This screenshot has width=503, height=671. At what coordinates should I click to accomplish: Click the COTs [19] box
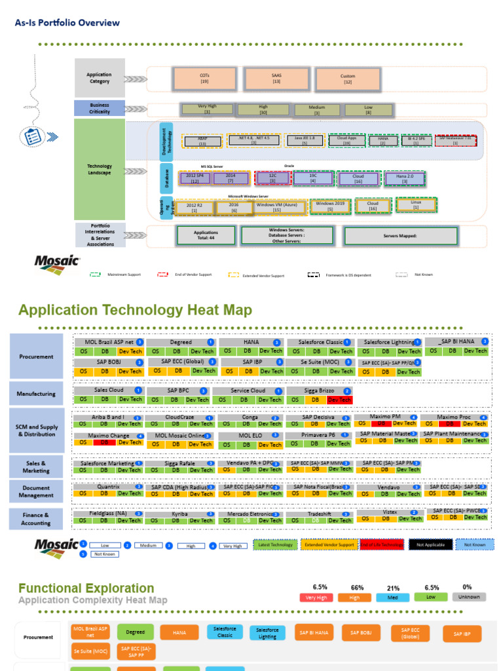(x=204, y=79)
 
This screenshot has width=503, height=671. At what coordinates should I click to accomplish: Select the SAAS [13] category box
(x=276, y=79)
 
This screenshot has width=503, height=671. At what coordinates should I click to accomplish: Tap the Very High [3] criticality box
(x=207, y=109)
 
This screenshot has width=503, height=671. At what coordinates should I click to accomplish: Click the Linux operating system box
(x=416, y=204)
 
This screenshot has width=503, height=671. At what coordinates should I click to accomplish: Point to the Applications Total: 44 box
(x=206, y=235)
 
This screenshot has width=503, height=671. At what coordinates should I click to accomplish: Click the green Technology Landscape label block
(x=100, y=169)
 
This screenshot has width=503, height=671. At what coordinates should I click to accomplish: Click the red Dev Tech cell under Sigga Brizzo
(x=339, y=400)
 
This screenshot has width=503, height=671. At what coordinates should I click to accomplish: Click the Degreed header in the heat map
(x=181, y=342)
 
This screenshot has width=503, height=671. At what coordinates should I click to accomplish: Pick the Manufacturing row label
(x=37, y=394)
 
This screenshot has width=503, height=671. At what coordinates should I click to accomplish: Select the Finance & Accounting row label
(x=37, y=519)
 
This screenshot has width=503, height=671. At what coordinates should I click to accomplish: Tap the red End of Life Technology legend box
(x=382, y=545)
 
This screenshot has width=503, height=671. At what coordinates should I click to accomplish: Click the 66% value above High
(x=357, y=588)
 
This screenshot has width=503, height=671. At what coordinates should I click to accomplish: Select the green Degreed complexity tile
(x=136, y=632)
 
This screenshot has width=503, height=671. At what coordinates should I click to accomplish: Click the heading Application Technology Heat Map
(x=135, y=310)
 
